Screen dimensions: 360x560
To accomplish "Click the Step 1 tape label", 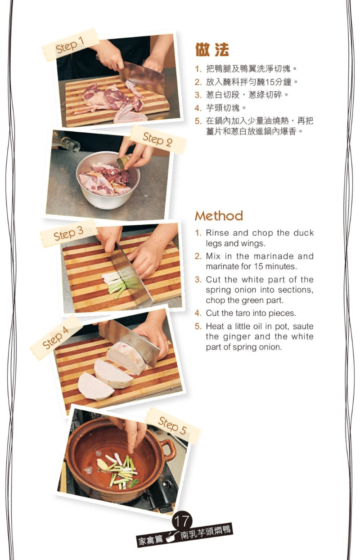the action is (71, 45).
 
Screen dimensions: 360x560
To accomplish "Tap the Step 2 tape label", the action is (158, 139).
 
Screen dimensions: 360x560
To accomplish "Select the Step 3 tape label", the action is (68, 233).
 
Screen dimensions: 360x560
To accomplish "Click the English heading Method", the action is (219, 216).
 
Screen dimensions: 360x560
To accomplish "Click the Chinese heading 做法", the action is (212, 49).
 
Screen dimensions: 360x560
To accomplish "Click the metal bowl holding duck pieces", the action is (108, 180).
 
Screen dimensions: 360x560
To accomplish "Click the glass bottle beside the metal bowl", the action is (67, 142).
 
